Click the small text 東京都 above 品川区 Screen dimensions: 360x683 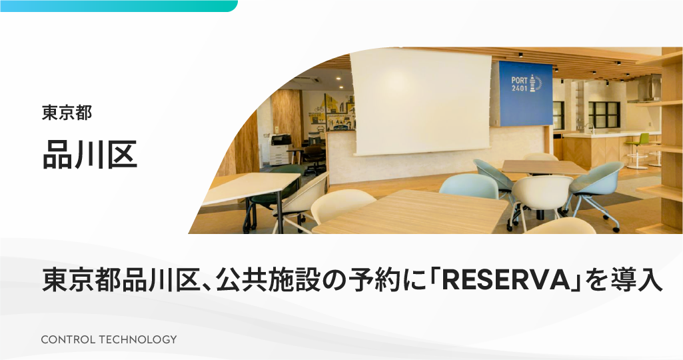67,113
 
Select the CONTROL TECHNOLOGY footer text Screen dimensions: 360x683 109,339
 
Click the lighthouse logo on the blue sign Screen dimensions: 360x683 538,82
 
